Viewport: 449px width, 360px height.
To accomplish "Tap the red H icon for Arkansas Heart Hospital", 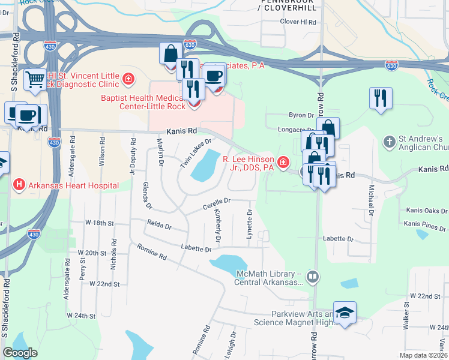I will [x=19, y=185].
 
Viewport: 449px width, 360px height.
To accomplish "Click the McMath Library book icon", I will [x=312, y=277].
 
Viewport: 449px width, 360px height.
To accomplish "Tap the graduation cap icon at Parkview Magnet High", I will [x=345, y=312].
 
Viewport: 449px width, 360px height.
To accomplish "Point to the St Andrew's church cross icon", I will [x=389, y=142].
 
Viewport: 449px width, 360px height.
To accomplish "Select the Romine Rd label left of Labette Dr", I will [x=151, y=255].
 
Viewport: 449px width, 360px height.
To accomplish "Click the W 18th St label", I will [x=99, y=223].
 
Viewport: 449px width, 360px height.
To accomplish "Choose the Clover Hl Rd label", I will [x=298, y=22].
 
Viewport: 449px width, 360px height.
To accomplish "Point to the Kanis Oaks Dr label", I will [x=426, y=211].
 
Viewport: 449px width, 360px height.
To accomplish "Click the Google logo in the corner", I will [x=20, y=352].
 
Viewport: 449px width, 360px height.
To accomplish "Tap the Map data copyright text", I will [x=423, y=355].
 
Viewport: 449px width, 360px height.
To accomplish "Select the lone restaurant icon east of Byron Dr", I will [x=381, y=97].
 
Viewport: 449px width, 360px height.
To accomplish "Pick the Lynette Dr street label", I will [x=249, y=223].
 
